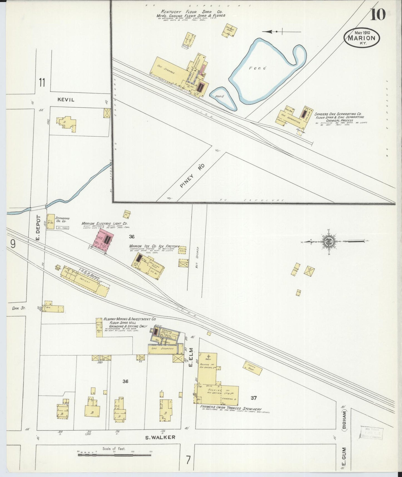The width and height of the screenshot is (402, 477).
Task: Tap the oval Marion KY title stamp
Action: tap(362, 38)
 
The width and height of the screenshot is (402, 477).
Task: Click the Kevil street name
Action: tap(66, 100)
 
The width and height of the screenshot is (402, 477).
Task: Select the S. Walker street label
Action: tap(161, 437)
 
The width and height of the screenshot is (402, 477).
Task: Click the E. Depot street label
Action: tap(38, 228)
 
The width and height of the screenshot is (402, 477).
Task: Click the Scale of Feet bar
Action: tap(114, 455)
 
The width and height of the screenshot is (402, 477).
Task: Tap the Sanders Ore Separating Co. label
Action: tap(338, 114)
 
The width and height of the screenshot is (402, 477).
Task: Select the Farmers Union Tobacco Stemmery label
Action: tap(231, 409)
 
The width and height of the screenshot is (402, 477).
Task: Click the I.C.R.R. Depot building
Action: tap(85, 281)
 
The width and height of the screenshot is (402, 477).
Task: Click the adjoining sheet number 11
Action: tap(42, 83)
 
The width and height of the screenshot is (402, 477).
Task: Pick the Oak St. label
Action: tap(19, 308)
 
